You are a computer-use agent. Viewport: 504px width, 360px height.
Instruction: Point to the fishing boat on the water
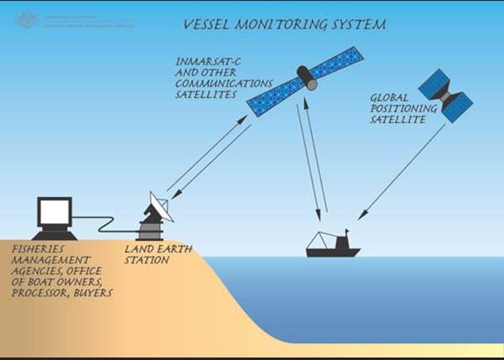click(x=332, y=247)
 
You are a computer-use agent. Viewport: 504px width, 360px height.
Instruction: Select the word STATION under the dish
click(x=147, y=260)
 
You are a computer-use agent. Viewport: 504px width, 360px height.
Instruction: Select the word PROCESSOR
click(x=38, y=294)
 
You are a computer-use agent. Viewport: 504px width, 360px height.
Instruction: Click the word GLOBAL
click(x=388, y=97)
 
